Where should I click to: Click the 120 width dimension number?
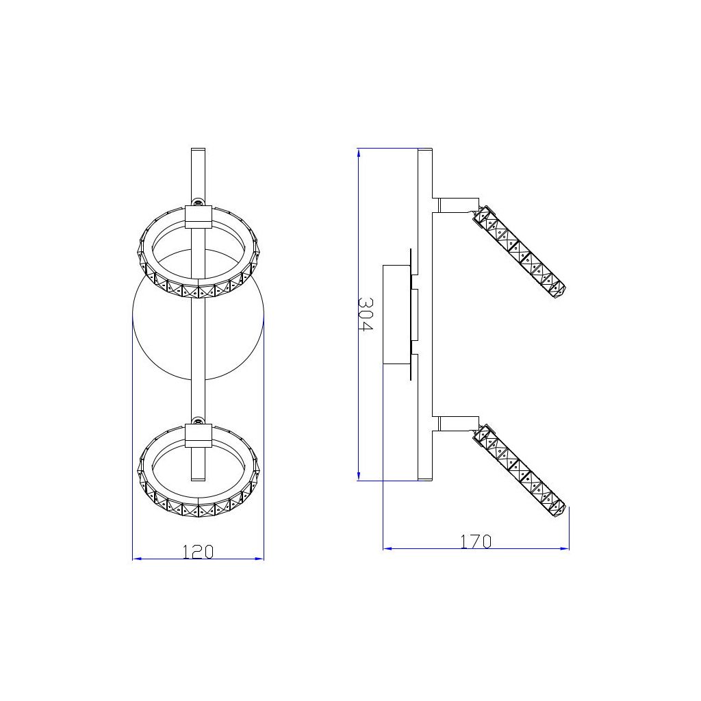coord(198,551)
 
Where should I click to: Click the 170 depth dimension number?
coord(475,541)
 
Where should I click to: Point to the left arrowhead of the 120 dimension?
coord(136,559)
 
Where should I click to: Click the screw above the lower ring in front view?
coord(199,420)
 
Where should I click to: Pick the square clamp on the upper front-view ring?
coord(199,217)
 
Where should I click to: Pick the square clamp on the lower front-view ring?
coord(199,436)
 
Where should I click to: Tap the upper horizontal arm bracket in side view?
coord(458,204)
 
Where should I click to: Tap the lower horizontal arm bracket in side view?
coord(458,423)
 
